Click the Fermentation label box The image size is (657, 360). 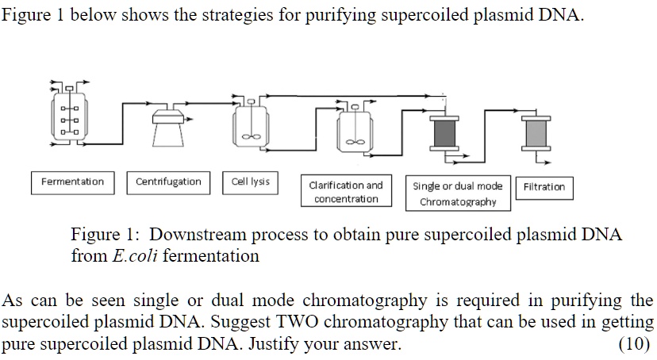[72, 182]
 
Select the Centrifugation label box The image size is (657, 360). [168, 182]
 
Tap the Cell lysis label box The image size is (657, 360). [250, 182]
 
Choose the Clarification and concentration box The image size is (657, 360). [346, 192]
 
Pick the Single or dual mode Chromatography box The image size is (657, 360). [458, 193]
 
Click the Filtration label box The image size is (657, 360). [544, 187]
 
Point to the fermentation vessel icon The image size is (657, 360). [71, 116]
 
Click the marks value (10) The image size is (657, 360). [634, 345]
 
